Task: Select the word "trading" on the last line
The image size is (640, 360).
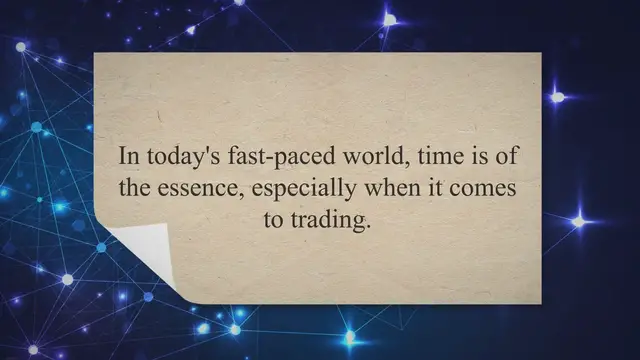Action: [326, 222]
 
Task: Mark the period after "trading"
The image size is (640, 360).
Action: [368, 227]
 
